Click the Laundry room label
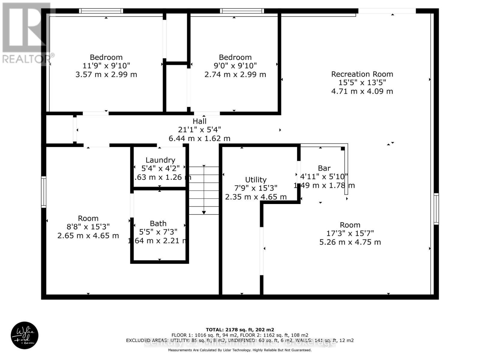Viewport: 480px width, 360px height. tap(160, 160)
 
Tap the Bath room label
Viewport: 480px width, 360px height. tap(158, 223)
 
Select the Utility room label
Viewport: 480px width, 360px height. tap(256, 180)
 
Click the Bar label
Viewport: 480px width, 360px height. tap(324, 168)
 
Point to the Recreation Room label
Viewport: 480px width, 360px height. tap(362, 74)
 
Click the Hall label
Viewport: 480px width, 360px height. tap(199, 121)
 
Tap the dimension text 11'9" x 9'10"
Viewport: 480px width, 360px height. tap(106, 66)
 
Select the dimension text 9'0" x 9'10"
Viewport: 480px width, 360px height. tap(235, 66)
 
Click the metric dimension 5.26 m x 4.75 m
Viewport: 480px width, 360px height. tap(350, 242)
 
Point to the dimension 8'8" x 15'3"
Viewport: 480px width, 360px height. tap(88, 227)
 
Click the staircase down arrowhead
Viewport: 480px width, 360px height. tap(204, 212)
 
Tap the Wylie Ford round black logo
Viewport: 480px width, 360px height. tap(25, 335)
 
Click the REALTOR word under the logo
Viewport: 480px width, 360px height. tap(26, 59)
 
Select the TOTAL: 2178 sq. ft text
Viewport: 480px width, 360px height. tap(240, 329)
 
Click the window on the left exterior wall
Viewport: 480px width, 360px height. tap(44, 192)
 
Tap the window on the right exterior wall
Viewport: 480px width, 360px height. tap(436, 209)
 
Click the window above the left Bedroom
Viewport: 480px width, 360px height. tap(101, 11)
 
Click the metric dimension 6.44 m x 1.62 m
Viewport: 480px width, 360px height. tap(199, 138)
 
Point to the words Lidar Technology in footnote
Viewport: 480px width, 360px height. tap(233, 350)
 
